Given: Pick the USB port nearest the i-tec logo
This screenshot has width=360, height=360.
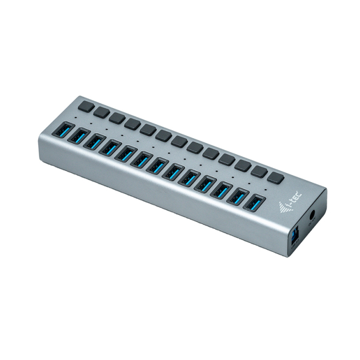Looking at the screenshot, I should [253, 204].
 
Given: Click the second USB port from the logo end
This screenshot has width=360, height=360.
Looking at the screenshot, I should [237, 198].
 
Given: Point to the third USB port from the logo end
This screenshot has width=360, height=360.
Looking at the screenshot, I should [221, 191].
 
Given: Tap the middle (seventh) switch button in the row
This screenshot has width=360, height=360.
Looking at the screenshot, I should [180, 141].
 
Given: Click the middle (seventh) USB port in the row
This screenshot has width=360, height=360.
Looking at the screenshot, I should [158, 167].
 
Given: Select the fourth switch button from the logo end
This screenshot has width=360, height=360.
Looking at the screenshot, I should [227, 160].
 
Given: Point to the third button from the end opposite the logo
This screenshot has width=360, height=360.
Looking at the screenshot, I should [117, 118].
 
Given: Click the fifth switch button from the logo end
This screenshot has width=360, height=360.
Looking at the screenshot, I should [212, 154].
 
